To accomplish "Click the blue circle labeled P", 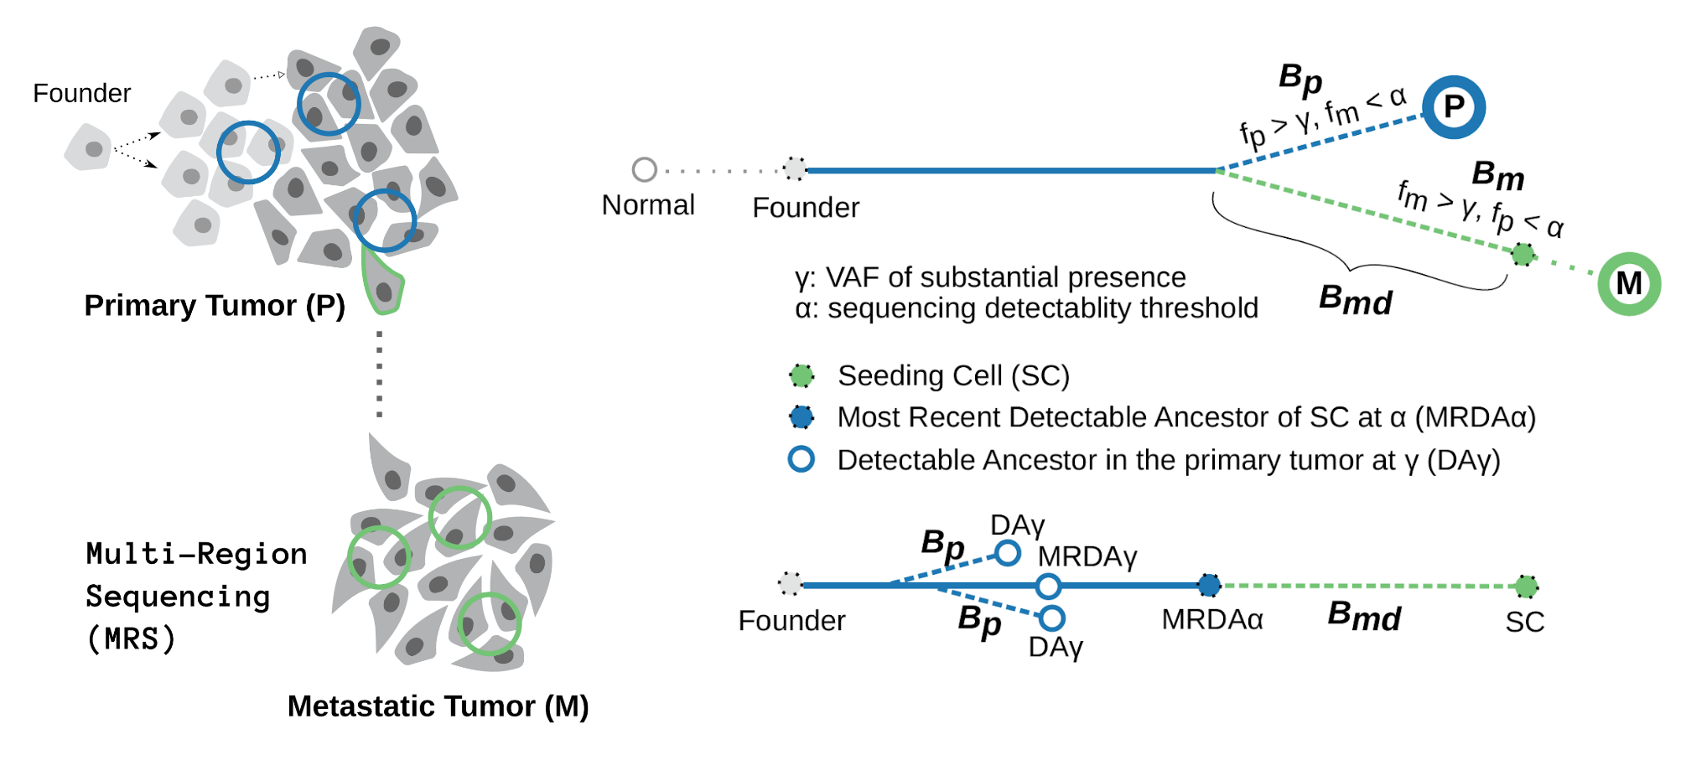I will [1453, 107].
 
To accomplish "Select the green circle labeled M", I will [1628, 283].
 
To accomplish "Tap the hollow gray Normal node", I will [644, 169].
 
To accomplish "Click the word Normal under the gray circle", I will [648, 205].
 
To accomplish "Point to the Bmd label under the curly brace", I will [1355, 300].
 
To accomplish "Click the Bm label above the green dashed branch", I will [1497, 176].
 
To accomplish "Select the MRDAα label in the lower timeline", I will [1211, 620].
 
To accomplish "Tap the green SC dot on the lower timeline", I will [1526, 587].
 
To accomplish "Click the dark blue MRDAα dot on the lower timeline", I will [1208, 585].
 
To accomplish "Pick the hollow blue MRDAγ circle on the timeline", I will [1048, 586].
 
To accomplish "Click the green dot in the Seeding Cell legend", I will [801, 376].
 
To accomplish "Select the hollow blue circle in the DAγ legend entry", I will [801, 459].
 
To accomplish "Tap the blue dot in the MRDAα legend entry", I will [801, 417].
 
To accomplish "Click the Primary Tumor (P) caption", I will [215, 306].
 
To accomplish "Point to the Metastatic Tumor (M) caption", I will [438, 706].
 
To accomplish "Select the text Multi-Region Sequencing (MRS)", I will [195, 596].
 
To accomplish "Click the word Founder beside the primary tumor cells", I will [81, 93].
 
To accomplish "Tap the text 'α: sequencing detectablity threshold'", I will [1026, 308].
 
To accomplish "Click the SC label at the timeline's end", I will [1524, 622].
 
